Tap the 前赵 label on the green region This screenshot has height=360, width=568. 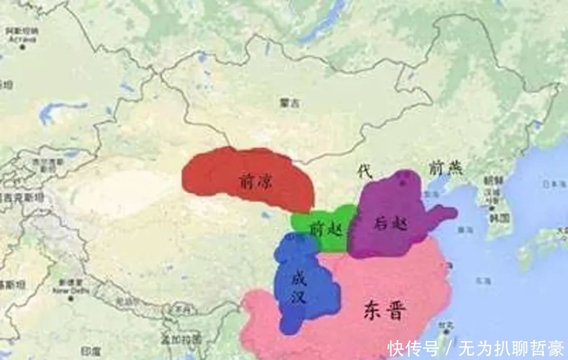point(322,229)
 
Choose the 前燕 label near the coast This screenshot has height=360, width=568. point(444,168)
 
